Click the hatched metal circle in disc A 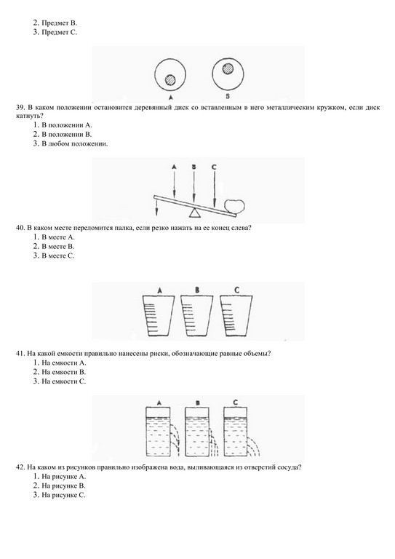pyautogui.click(x=170, y=79)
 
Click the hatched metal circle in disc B pyautogui.click(x=228, y=68)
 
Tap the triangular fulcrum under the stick pyautogui.click(x=194, y=213)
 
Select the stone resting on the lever pyautogui.click(x=235, y=207)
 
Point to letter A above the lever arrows pyautogui.click(x=174, y=167)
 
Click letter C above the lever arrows pyautogui.click(x=213, y=167)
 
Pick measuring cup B pyautogui.click(x=197, y=315)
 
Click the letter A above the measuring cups pyautogui.click(x=160, y=290)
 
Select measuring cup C pyautogui.click(x=236, y=315)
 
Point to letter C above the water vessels pyautogui.click(x=236, y=403)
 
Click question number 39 pyautogui.click(x=20, y=107)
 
